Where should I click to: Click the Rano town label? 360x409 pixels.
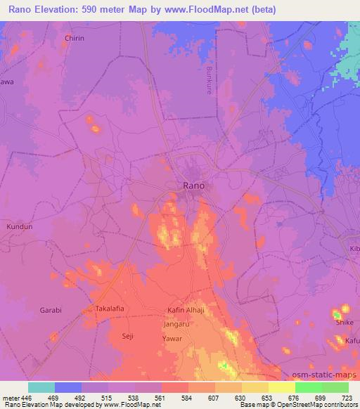click(x=193, y=186)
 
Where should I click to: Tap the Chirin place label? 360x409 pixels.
click(x=74, y=38)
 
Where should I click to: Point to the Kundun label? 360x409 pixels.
click(x=18, y=228)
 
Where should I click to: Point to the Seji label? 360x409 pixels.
click(x=127, y=337)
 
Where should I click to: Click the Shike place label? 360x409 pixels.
click(x=345, y=322)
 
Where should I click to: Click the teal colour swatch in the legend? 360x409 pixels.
click(x=41, y=387)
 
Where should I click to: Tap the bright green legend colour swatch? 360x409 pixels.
click(x=309, y=387)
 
